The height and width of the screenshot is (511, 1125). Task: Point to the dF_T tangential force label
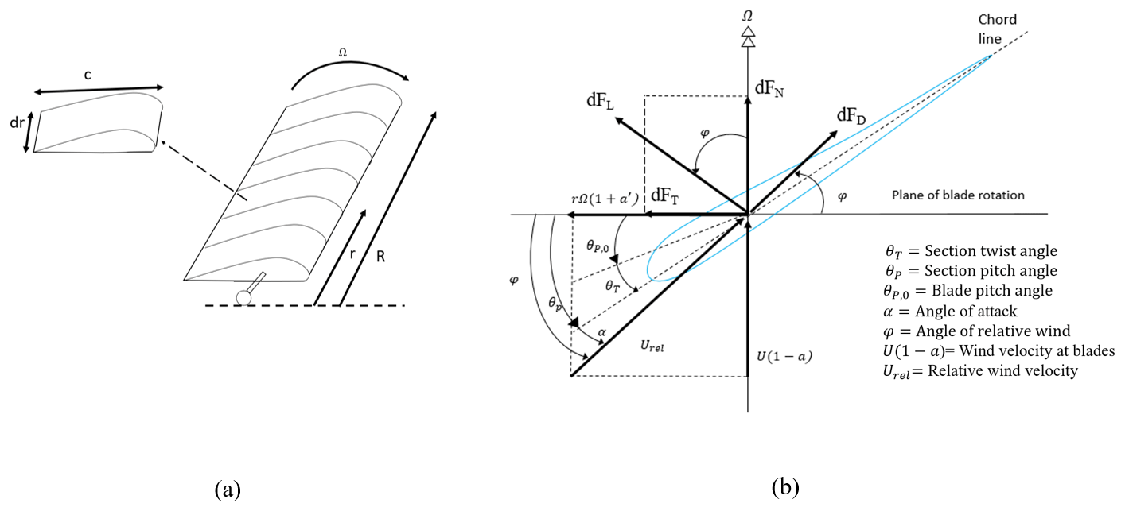[x=666, y=196]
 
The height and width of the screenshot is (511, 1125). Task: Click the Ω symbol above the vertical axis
[x=746, y=16]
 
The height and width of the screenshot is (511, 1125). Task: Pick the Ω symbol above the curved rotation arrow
[x=343, y=52]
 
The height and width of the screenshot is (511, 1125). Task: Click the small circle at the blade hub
[x=243, y=296]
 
